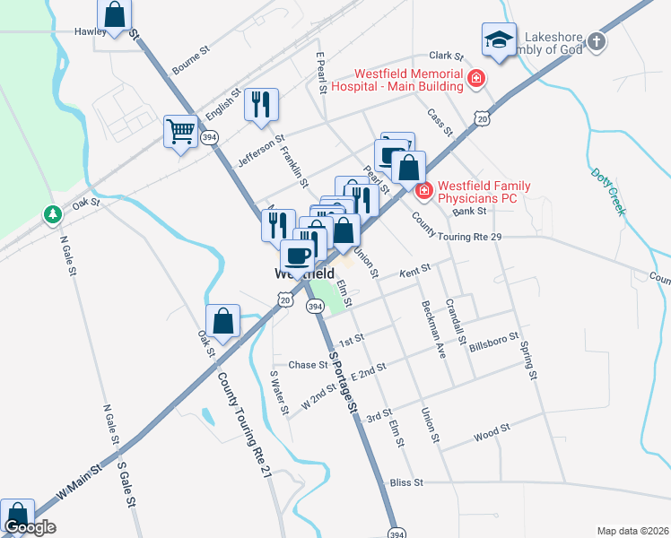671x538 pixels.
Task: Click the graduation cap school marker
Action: tap(499, 39)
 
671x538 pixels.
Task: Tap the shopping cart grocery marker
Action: tap(180, 133)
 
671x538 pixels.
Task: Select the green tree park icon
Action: tap(53, 214)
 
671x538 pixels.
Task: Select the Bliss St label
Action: tap(406, 482)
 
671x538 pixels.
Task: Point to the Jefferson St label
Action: tap(260, 152)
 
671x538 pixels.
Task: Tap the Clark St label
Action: tap(445, 56)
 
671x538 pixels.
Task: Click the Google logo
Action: tap(30, 527)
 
